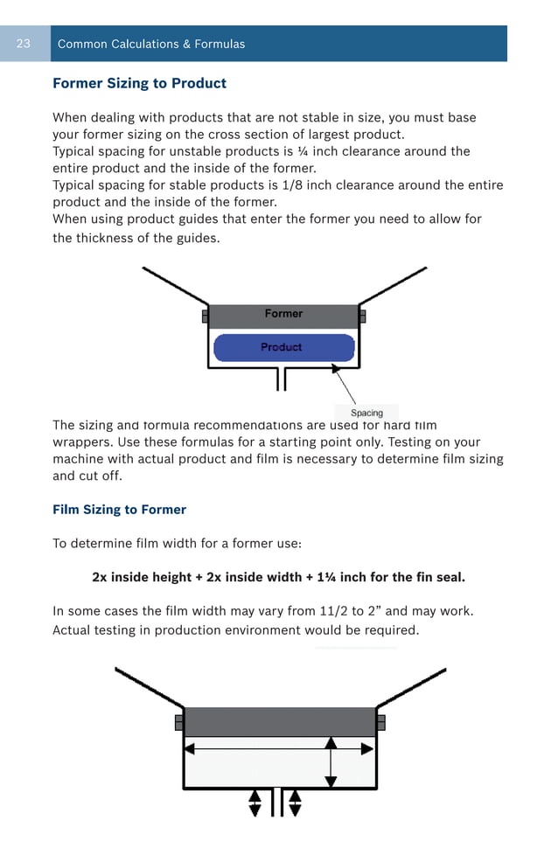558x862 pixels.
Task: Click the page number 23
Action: pos(24,44)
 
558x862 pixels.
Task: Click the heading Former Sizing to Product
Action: pos(139,84)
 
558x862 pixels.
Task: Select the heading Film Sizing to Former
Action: pos(119,510)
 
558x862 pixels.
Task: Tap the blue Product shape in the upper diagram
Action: pos(283,348)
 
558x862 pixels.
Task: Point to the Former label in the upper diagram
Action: pos(283,314)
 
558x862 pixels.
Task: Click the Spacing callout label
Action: pos(366,413)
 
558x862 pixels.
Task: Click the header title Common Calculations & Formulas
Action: pos(151,44)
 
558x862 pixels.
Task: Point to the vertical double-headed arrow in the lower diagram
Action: pos(331,761)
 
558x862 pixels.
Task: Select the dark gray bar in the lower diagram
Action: pos(279,722)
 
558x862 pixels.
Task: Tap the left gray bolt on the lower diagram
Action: pos(179,723)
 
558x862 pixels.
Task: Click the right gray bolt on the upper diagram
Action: pos(363,316)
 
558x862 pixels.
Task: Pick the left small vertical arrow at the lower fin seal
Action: pos(255,803)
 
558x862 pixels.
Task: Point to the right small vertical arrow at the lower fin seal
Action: pos(295,803)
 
